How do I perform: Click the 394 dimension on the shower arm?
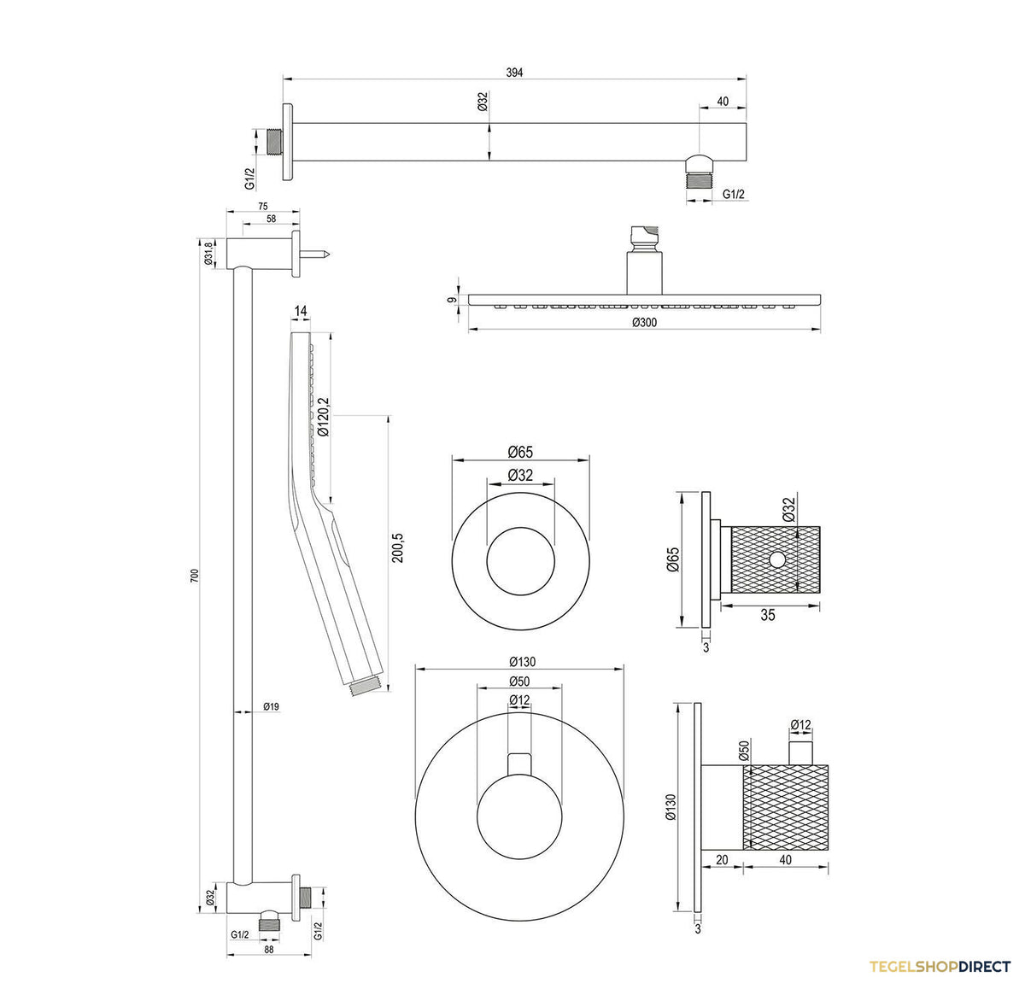tap(514, 73)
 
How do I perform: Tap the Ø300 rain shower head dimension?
tap(644, 322)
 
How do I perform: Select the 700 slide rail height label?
tap(195, 575)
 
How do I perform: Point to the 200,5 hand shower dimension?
tap(398, 547)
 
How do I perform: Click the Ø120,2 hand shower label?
tap(323, 417)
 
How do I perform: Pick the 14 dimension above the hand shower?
tap(300, 311)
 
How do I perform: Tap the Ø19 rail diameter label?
tap(271, 706)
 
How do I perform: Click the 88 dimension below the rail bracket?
tap(268, 950)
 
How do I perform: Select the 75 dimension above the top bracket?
tap(263, 207)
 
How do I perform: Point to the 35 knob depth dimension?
tap(767, 615)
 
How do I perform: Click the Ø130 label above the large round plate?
tap(522, 661)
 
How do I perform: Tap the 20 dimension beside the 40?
tap(722, 859)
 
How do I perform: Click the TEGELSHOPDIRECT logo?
tap(940, 966)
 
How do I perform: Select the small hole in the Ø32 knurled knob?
tap(777, 559)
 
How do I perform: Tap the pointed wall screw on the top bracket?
tap(314, 255)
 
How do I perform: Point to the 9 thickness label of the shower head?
tap(451, 300)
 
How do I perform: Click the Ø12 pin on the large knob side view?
tap(800, 752)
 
